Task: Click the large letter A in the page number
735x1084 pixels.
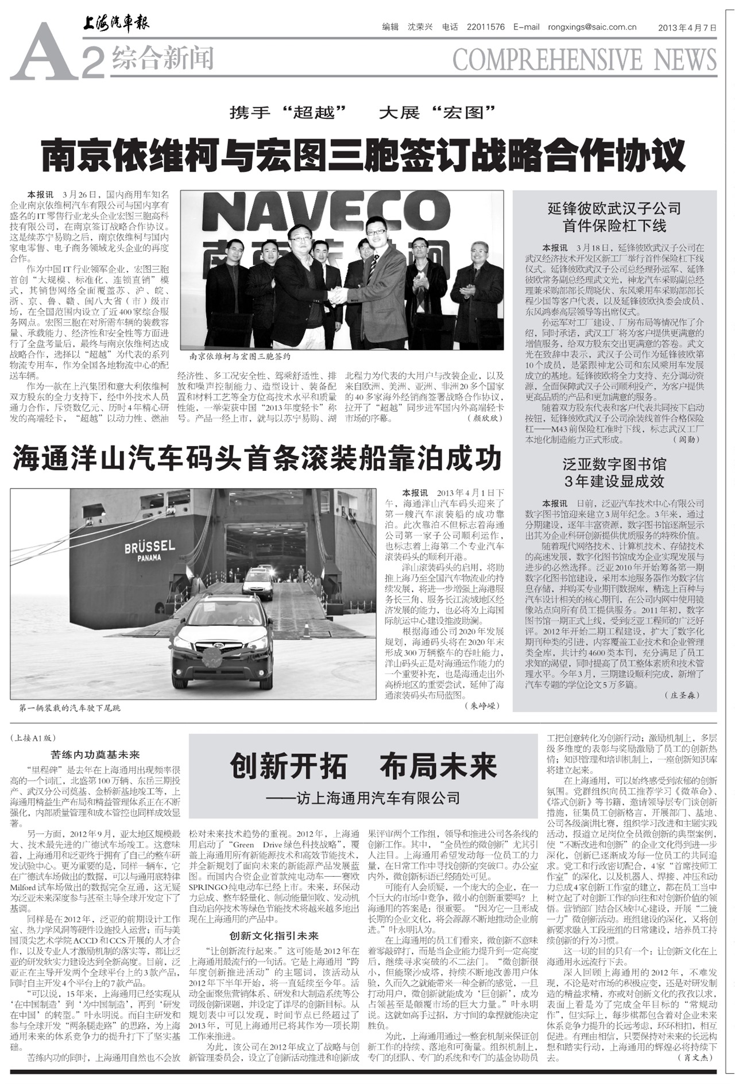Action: point(43,53)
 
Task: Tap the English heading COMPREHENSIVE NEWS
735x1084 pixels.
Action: point(584,60)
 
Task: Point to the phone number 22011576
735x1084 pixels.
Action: point(486,27)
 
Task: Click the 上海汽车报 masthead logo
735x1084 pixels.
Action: point(115,24)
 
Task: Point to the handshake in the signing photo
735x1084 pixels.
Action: point(338,295)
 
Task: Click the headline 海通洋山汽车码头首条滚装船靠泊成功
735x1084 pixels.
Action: point(257,458)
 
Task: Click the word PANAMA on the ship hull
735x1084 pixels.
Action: point(149,558)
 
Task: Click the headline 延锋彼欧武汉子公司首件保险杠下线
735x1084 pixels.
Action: point(614,217)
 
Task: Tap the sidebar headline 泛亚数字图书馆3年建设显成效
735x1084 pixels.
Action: point(614,472)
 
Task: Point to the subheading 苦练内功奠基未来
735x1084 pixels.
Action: point(95,754)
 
